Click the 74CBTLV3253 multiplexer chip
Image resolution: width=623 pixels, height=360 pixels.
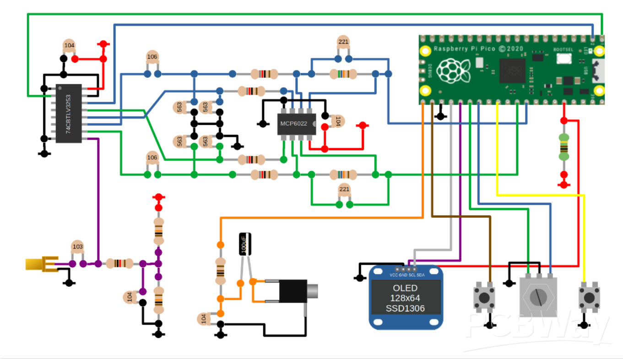click(69, 113)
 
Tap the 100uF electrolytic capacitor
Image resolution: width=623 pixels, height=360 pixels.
click(245, 244)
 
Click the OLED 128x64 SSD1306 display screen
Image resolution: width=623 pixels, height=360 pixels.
click(405, 298)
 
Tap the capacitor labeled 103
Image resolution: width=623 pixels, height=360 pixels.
click(78, 247)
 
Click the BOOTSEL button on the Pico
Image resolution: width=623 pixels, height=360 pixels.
click(564, 59)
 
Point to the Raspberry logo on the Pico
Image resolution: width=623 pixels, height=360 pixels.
click(451, 70)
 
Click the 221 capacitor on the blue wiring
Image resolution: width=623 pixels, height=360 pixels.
click(343, 43)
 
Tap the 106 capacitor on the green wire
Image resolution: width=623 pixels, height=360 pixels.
click(152, 158)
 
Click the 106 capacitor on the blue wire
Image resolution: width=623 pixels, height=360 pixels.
click(152, 57)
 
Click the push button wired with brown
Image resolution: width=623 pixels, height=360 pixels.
click(483, 297)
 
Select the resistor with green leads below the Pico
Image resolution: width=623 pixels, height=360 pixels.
click(564, 147)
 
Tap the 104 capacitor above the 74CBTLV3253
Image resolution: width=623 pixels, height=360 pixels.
click(69, 46)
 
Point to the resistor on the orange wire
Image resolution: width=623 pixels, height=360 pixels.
click(220, 271)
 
